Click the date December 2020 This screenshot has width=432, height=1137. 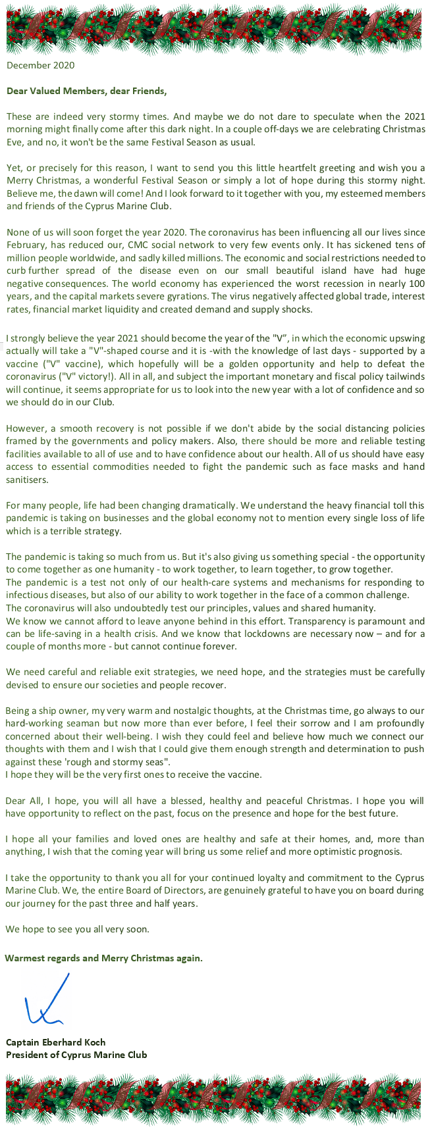pos(40,65)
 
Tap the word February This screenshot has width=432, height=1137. pos(26,245)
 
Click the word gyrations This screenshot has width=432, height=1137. pos(194,296)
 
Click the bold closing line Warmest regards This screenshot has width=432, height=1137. pos(104,958)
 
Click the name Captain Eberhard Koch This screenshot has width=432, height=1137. pos(56,1042)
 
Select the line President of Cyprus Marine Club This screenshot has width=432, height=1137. pos(76,1055)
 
